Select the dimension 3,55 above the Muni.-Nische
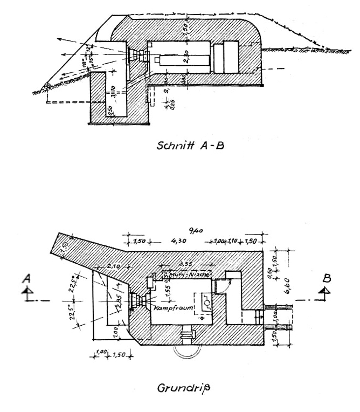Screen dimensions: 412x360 pyautogui.click(x=186, y=264)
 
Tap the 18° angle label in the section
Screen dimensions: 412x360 pyautogui.click(x=85, y=62)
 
